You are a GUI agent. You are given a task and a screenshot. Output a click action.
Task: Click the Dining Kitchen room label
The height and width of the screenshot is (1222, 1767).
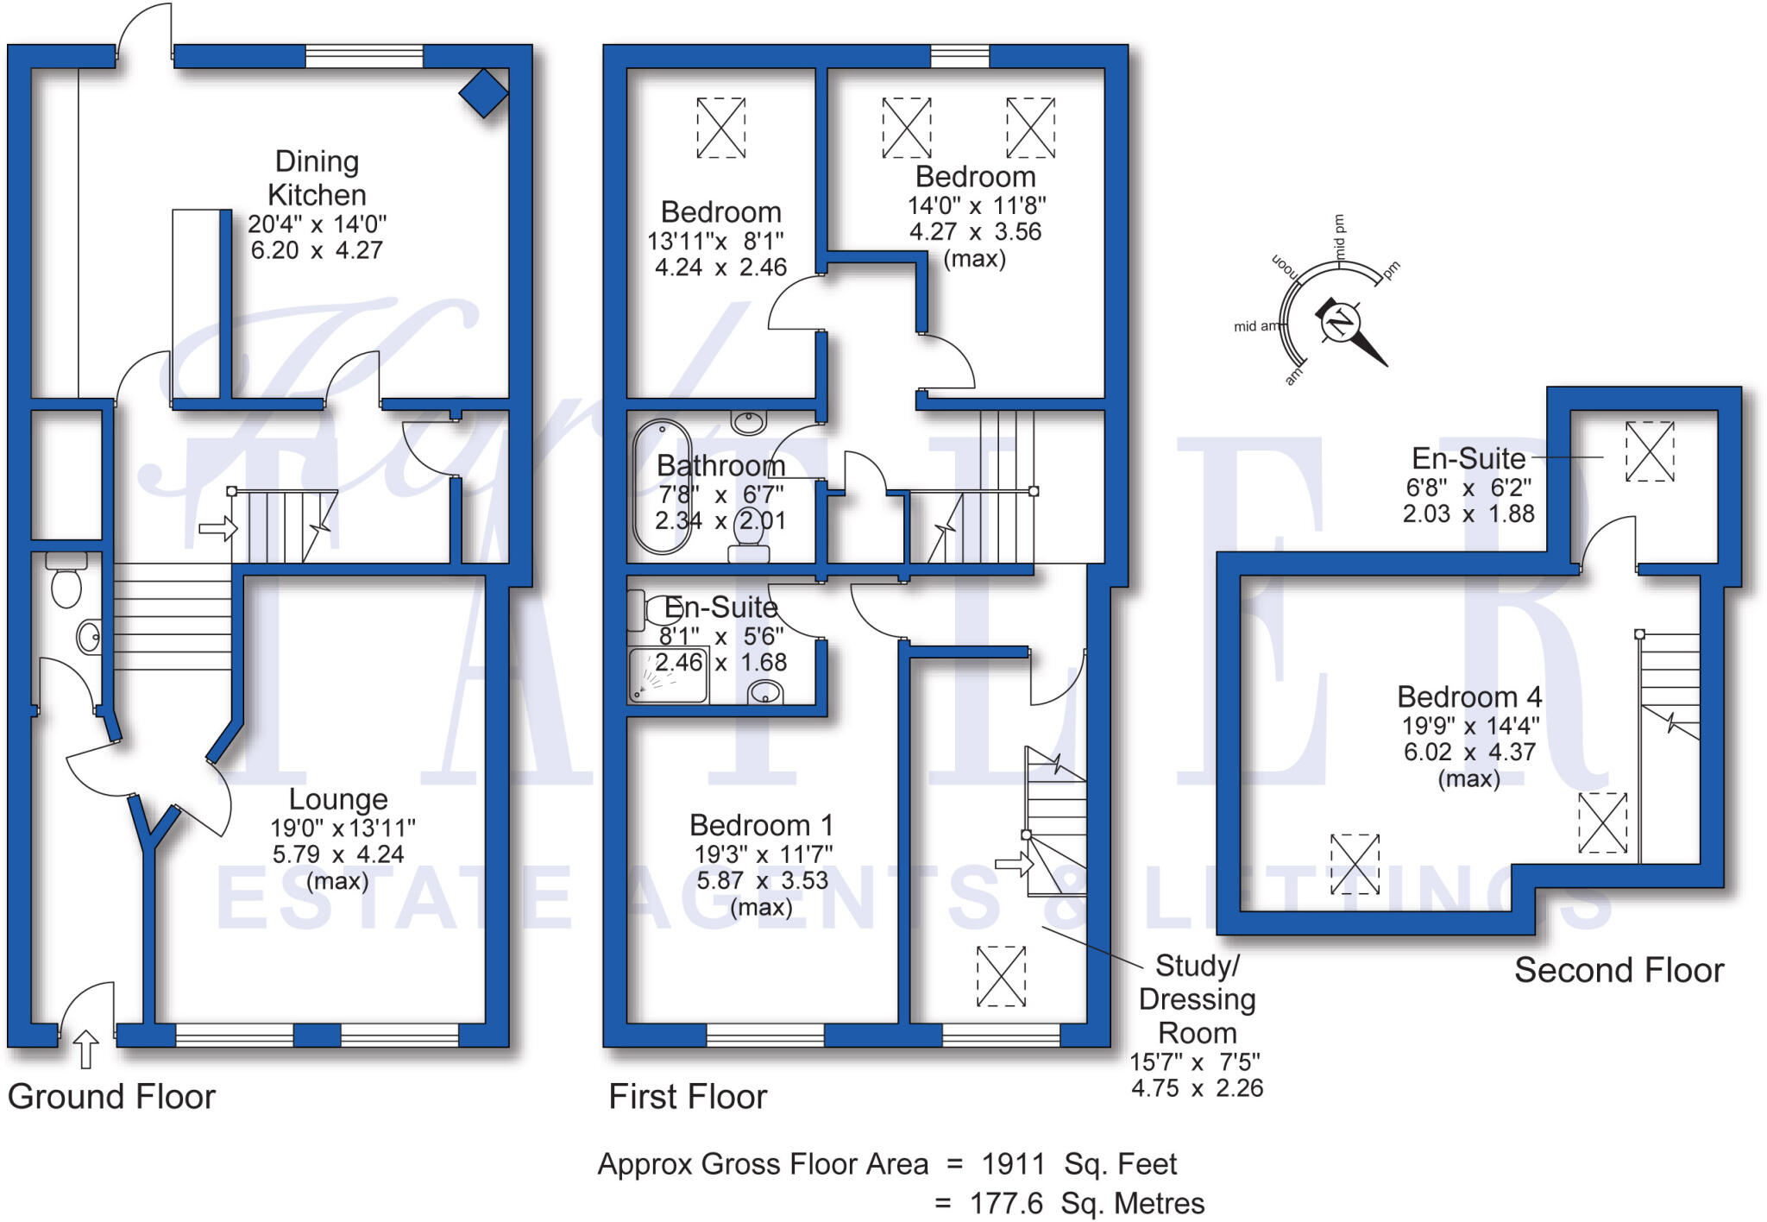pyautogui.click(x=317, y=178)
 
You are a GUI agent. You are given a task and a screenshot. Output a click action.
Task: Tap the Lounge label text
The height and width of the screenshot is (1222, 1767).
pyautogui.click(x=338, y=799)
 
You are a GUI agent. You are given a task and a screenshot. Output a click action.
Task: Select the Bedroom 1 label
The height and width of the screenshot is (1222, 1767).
pyautogui.click(x=761, y=826)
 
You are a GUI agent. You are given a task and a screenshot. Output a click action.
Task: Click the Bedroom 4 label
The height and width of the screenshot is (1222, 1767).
pyautogui.click(x=1469, y=696)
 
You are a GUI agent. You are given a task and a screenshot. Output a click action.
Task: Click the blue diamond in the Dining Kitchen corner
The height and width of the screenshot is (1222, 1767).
pyautogui.click(x=483, y=92)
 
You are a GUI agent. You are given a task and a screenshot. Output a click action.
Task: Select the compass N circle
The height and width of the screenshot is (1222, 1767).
pyautogui.click(x=1340, y=324)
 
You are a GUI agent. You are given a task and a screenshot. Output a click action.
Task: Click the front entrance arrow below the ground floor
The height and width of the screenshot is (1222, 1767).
pyautogui.click(x=85, y=1049)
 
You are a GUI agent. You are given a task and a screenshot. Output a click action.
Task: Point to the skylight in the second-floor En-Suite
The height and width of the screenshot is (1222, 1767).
pyautogui.click(x=1650, y=451)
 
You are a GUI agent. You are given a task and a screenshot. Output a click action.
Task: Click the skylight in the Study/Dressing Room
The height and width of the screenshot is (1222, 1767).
pyautogui.click(x=1001, y=976)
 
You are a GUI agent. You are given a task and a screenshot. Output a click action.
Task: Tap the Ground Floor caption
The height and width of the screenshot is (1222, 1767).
pyautogui.click(x=111, y=1097)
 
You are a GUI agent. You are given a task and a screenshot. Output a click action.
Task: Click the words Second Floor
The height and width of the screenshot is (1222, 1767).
pyautogui.click(x=1619, y=971)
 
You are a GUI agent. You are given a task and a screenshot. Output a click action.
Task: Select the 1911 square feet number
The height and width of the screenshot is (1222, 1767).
pyautogui.click(x=1013, y=1164)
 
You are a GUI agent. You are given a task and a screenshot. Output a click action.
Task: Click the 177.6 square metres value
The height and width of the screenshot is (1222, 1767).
pyautogui.click(x=1006, y=1203)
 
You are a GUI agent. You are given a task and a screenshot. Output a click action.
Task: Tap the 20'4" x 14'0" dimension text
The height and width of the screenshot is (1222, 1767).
pyautogui.click(x=317, y=224)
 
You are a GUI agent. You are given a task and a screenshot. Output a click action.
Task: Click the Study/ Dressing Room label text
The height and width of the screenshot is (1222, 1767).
pyautogui.click(x=1197, y=998)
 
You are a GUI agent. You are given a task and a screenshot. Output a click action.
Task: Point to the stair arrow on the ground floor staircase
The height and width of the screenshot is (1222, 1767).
pyautogui.click(x=217, y=527)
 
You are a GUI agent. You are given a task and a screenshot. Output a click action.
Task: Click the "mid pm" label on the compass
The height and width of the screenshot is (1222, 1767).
pyautogui.click(x=1340, y=236)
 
